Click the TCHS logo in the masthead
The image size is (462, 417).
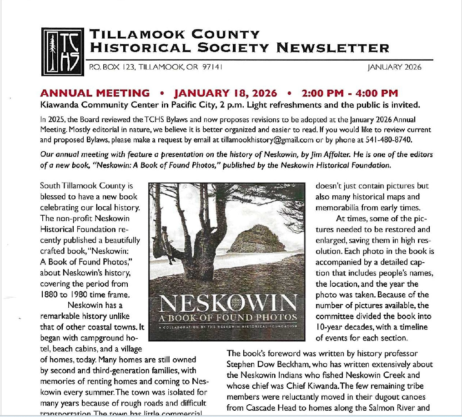coord(63,51)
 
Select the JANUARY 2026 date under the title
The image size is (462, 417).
coord(394,67)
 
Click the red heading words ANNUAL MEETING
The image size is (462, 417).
coord(95,94)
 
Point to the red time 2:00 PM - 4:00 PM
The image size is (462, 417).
coord(350,94)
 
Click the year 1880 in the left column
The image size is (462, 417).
coord(50,294)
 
